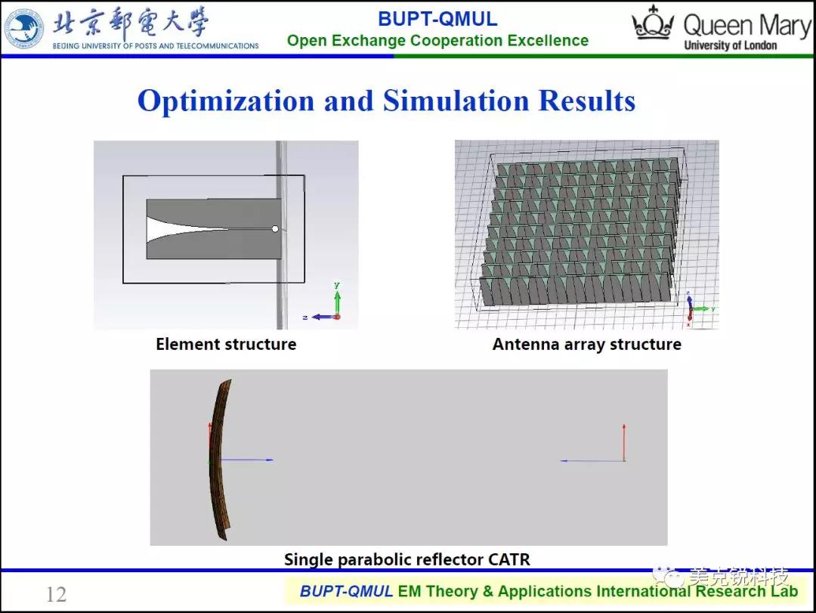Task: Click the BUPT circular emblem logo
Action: [24, 29]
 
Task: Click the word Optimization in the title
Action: [226, 101]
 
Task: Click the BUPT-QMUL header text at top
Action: [437, 19]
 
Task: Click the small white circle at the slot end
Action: [275, 228]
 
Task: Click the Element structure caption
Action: [226, 344]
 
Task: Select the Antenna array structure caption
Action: [586, 344]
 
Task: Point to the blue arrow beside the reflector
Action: [243, 460]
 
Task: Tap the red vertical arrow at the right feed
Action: [624, 442]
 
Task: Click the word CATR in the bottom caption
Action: [509, 559]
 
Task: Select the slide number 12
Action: [56, 594]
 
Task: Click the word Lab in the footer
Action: [785, 591]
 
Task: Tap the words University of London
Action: [730, 45]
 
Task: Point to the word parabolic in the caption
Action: [374, 560]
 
